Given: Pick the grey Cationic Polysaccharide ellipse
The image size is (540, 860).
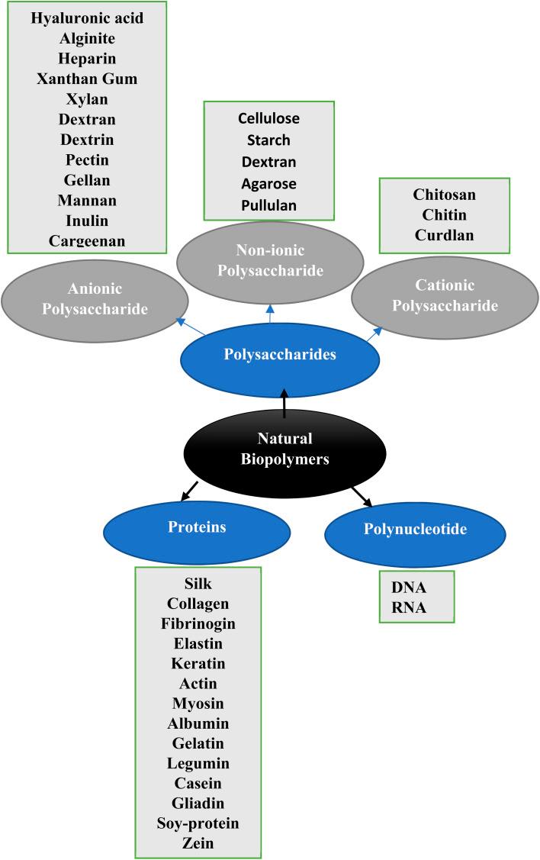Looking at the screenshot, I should click(445, 296).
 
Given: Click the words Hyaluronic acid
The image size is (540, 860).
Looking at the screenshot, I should click(87, 18).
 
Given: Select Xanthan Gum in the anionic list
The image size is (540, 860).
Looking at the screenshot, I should click(87, 79).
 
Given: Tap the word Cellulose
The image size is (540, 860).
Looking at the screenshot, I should click(268, 119).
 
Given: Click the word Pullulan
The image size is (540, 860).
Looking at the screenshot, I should click(268, 205).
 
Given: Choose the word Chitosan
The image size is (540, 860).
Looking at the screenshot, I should click(444, 195).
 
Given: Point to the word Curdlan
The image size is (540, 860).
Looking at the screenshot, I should click(444, 235).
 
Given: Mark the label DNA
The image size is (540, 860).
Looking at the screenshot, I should click(409, 588).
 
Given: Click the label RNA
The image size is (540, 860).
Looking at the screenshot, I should click(409, 608).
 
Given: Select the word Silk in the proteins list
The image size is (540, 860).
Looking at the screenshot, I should click(198, 584).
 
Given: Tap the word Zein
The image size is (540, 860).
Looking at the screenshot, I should click(198, 843).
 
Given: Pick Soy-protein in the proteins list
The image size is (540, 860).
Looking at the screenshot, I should click(198, 823).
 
